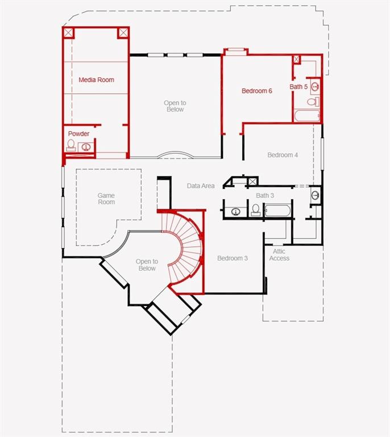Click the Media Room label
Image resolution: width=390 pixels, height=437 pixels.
[96, 80]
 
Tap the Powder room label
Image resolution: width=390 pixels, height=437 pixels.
[78, 134]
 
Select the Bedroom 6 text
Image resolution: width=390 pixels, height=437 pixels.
[256, 91]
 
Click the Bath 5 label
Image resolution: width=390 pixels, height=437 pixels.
[298, 87]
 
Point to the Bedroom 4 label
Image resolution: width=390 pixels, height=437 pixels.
[283, 155]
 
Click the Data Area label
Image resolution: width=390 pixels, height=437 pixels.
[201, 185]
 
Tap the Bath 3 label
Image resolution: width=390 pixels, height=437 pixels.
[265, 196]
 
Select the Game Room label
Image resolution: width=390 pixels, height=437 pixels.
[106, 199]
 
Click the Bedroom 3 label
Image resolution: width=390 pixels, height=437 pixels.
[233, 258]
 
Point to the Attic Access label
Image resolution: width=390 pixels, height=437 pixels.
[279, 255]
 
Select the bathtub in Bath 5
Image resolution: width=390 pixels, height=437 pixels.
[307, 116]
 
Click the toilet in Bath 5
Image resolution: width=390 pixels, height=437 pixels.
[313, 102]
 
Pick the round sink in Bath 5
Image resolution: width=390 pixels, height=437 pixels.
[314, 87]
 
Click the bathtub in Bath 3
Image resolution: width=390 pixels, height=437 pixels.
[277, 211]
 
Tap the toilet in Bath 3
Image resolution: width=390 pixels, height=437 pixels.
[255, 211]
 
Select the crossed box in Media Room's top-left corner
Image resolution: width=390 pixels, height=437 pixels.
[68, 32]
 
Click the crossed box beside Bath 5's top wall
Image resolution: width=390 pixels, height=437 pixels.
[296, 59]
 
